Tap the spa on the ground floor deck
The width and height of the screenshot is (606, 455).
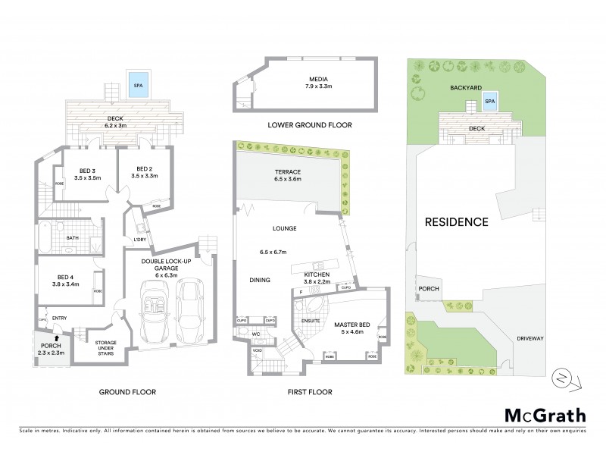pos(138,83)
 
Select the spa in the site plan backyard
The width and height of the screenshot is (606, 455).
pos(489,101)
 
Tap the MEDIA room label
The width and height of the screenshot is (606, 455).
pos(307,79)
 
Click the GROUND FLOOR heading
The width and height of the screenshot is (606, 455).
pos(127,392)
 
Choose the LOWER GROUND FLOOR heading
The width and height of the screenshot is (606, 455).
pos(305,124)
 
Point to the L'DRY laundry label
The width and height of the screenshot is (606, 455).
pos(140,240)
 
